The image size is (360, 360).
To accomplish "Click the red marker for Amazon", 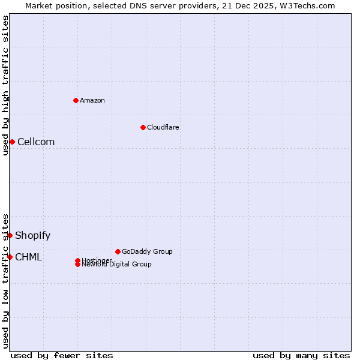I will coord(76,100).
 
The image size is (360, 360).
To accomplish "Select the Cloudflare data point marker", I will coord(143,127).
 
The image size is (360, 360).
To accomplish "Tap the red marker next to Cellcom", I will coord(12,142).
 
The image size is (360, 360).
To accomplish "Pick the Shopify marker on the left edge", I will coord(10,235).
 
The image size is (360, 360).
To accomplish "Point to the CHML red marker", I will coord(10,257).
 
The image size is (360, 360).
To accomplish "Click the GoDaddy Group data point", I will coord(118,251).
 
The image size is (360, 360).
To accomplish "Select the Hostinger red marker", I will coord(77,260).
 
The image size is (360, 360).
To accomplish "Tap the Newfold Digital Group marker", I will coord(77,265).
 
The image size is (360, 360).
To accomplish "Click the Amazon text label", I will coord(92,100).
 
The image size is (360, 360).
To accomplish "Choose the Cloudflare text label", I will coord(163,127).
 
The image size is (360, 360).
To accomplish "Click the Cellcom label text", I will coord(36,142).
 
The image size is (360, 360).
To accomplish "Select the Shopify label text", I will coord(32,235).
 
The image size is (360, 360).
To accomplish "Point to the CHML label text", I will coord(28,257).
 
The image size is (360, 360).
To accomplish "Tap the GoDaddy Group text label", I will coord(147,251).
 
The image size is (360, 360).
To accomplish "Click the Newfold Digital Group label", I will coord(116,265).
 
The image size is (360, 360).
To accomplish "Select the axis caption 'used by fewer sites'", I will coord(62,355).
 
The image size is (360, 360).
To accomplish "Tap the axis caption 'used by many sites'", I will coord(301,355).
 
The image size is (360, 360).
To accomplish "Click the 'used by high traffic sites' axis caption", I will coord(5,85).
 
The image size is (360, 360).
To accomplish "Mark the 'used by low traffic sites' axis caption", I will coord(5,281).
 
